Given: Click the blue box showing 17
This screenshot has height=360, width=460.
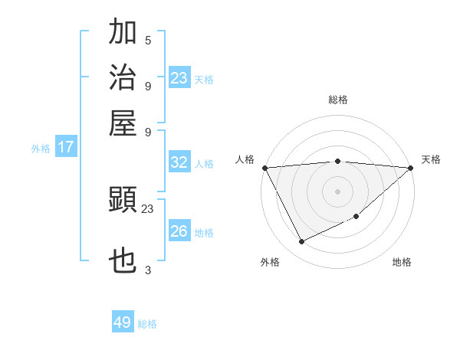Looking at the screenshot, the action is coord(66,147).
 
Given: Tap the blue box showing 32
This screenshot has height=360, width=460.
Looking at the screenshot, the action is coord(179,162).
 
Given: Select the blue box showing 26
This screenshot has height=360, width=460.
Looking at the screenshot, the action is coord(179,231).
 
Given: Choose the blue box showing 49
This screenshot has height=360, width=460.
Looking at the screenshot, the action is coord(123,322).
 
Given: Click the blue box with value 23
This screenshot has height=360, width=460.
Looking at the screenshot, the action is coord(179,77).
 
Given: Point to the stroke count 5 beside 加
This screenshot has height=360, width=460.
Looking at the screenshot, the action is coord(148,40).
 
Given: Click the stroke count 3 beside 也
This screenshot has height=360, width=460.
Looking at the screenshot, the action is coord(148,270).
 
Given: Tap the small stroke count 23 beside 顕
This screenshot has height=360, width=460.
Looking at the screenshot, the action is coord(148,208).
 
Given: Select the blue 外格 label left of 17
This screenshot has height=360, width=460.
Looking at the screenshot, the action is coord(41,149).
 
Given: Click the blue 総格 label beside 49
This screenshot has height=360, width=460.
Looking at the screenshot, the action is coord(147,324).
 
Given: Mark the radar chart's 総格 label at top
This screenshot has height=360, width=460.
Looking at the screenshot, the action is coord(337,100).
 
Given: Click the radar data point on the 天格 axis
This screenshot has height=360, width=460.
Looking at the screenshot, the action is coord(410,168).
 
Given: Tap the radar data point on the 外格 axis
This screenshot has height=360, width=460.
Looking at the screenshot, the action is coord(301,242).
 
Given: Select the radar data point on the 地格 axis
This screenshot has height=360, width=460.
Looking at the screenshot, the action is coord(356,218).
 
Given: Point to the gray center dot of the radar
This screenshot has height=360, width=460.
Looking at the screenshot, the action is coord(337,191).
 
